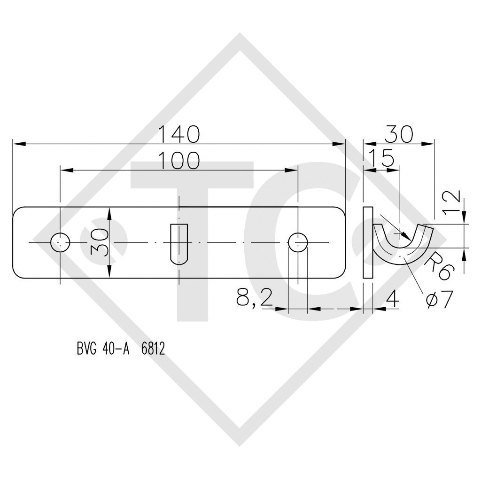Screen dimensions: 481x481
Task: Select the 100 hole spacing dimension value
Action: (178, 161)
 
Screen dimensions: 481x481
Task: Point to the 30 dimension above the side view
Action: (398, 134)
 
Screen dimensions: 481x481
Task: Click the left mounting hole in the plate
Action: (60, 242)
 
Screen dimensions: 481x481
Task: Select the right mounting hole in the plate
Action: (297, 242)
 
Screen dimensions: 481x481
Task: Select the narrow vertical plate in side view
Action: (368, 242)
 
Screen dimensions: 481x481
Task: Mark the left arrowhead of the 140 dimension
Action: (17, 144)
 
